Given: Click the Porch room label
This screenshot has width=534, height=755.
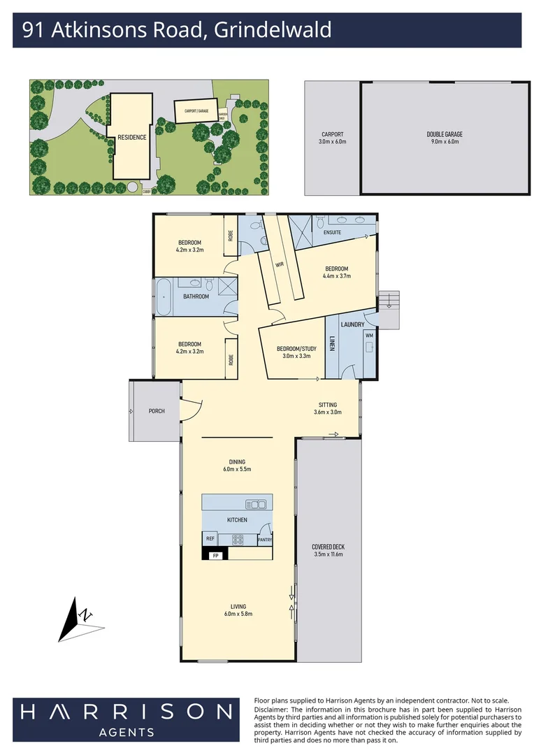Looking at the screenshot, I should (x=157, y=411).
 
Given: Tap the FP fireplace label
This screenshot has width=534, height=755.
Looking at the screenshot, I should (x=216, y=555).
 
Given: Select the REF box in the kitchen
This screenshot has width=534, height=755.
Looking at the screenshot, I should (x=210, y=539).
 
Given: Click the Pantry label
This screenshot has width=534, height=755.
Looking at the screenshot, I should (x=264, y=540).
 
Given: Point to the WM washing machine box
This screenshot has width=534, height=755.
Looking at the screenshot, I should (x=370, y=336).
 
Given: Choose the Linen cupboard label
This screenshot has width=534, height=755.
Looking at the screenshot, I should (x=333, y=344).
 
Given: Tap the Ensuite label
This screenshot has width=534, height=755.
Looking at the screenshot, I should (x=332, y=232).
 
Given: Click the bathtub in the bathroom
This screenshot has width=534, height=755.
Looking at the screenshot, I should (x=163, y=297).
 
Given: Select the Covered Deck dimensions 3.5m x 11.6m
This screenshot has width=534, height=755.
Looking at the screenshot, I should (x=329, y=554).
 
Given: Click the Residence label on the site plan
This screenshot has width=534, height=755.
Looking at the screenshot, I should (x=131, y=137).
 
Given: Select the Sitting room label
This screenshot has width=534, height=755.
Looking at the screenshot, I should (x=327, y=405).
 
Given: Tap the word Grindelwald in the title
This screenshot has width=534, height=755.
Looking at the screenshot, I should (x=273, y=30).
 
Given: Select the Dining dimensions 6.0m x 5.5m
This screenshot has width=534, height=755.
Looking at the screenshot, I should (x=237, y=469).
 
